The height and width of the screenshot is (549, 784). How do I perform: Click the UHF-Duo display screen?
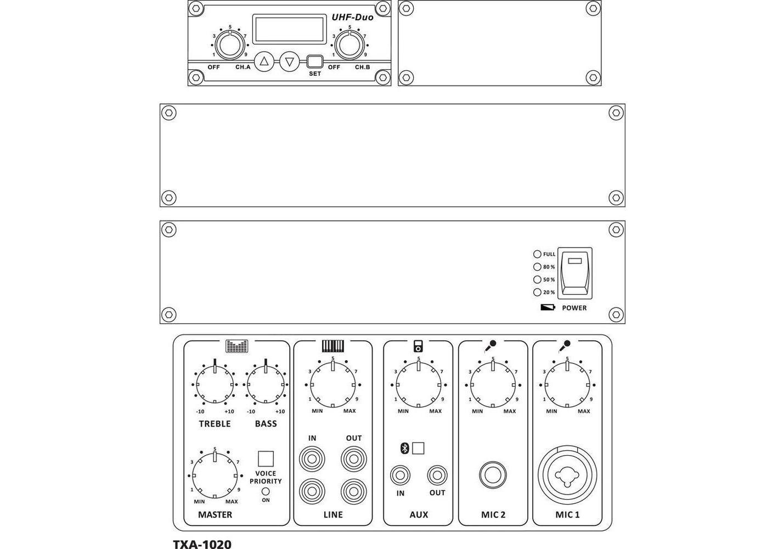pos(289,30)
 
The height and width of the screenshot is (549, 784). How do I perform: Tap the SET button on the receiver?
pos(314,61)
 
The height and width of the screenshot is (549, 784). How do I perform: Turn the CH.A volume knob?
pos(229,45)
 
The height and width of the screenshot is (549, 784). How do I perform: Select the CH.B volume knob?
pos(349,45)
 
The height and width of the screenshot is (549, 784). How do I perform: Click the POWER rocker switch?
pos(575,273)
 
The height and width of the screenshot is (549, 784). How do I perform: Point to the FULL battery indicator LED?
pos(537,254)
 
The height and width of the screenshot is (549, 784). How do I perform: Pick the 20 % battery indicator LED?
pos(537,293)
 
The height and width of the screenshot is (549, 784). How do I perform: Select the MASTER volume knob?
pos(215,475)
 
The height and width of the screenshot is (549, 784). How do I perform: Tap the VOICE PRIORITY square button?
pos(266,458)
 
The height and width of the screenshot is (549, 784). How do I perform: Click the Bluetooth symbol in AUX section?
pos(404,448)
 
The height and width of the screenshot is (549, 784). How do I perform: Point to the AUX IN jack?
pos(401,475)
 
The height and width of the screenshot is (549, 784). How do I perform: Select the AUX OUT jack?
pos(437,475)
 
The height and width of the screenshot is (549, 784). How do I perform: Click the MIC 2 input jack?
pos(493,475)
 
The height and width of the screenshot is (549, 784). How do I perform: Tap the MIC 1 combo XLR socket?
pos(567,475)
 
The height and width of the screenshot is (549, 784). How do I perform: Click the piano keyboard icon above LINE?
pos(333,346)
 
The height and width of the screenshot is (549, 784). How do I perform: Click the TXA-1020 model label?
pos(202,544)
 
